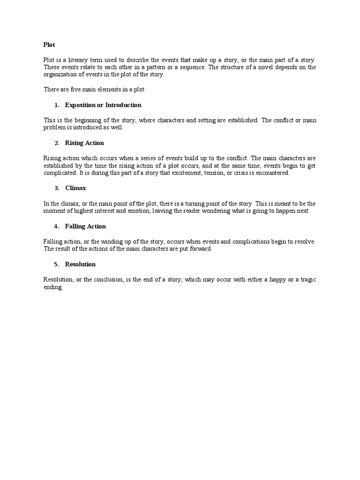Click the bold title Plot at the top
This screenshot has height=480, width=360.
tap(49, 45)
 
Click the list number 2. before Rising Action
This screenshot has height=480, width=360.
tap(57, 143)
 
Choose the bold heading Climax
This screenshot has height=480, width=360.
tap(75, 188)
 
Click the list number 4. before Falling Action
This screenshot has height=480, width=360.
tap(57, 226)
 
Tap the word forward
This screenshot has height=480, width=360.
tap(202, 249)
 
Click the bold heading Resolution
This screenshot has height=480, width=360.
tap(80, 264)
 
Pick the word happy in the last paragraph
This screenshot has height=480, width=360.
tap(278, 280)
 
